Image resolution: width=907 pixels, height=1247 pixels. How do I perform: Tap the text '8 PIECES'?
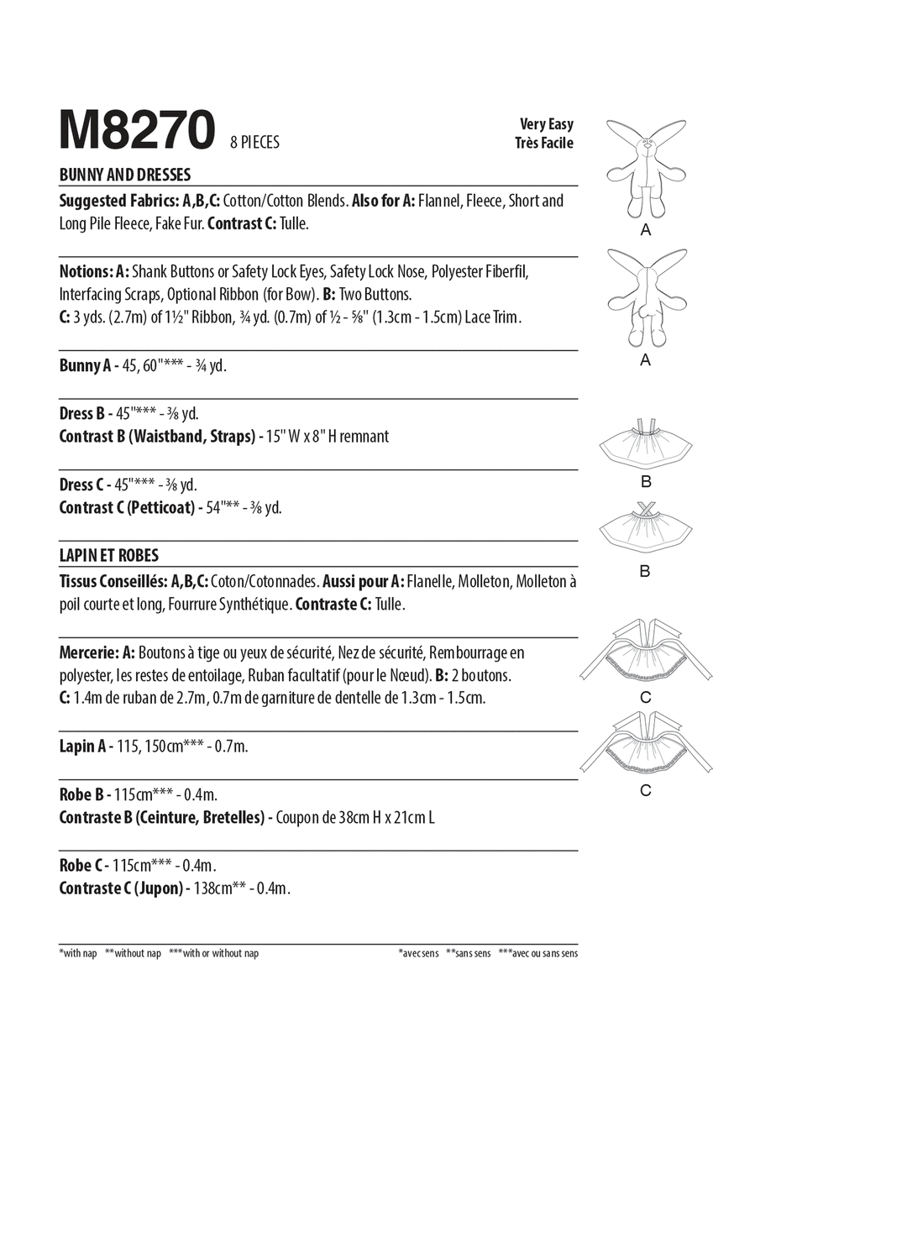click(x=254, y=142)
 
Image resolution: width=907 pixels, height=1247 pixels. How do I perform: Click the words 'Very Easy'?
click(x=546, y=124)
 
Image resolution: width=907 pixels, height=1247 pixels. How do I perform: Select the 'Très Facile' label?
click(x=544, y=143)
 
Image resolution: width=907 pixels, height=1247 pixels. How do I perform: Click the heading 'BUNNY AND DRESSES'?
click(x=125, y=175)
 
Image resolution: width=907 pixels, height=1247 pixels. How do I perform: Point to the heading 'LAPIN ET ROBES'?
click(x=109, y=555)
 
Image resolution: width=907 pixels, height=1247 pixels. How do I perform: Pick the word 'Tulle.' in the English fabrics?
click(x=294, y=223)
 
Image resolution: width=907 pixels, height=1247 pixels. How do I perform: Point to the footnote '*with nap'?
click(x=78, y=953)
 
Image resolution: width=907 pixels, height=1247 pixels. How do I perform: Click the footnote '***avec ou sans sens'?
click(x=537, y=953)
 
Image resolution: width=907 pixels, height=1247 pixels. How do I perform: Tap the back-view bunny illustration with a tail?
click(x=645, y=298)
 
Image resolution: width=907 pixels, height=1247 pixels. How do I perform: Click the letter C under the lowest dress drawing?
click(x=645, y=790)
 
